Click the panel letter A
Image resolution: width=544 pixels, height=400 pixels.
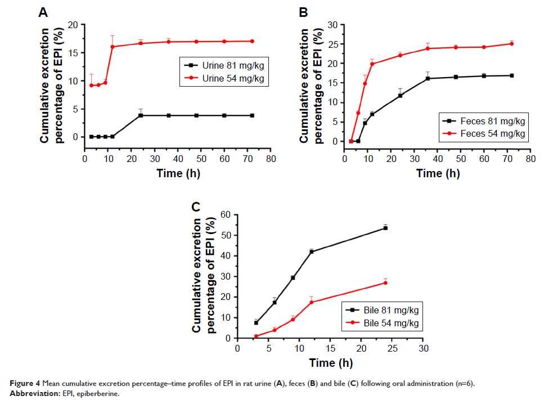43,12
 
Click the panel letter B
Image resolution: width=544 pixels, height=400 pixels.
303,12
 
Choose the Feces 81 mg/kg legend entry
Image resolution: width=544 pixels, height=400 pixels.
484,121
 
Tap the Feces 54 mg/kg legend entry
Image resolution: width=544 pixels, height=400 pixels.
484,133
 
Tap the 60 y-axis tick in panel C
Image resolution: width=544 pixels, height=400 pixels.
225,214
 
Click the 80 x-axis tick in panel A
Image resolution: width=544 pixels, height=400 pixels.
270,159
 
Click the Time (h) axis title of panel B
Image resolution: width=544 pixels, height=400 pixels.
438,173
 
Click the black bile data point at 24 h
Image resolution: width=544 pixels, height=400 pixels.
385,228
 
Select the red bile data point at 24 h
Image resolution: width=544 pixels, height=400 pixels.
385,282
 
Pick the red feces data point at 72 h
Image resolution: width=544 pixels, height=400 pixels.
511,43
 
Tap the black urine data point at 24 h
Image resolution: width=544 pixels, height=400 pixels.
140,115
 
